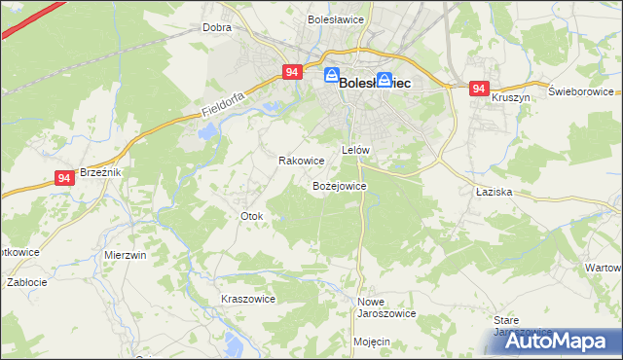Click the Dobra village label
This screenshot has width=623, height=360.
click(x=216, y=28)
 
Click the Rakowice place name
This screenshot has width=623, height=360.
click(x=301, y=161)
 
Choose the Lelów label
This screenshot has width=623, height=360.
click(x=355, y=151)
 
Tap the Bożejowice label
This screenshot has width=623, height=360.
click(x=338, y=185)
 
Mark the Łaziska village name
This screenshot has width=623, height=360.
click(x=494, y=193)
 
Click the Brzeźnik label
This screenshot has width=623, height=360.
click(x=99, y=171)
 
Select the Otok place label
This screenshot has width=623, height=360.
click(x=251, y=216)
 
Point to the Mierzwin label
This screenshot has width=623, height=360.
click(x=125, y=255)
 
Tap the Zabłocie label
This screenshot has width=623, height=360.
click(x=27, y=282)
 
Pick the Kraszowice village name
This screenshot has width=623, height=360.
click(x=248, y=299)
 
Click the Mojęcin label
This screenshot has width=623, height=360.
click(x=372, y=342)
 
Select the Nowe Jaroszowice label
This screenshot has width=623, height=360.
click(x=386, y=307)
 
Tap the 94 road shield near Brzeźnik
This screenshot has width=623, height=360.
click(x=64, y=178)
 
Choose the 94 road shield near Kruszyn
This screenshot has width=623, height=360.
click(x=478, y=89)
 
